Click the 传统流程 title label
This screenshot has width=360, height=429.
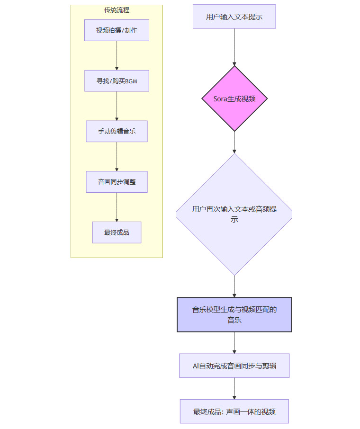pos(117,10)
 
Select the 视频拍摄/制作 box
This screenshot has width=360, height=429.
pos(117,30)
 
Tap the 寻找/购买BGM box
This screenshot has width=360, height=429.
pos(117,81)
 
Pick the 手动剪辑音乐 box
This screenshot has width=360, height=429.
pos(117,131)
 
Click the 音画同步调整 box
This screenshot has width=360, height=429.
pos(117,182)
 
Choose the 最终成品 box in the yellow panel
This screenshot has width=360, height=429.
pos(117,232)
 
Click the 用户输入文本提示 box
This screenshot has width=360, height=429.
pos(234,17)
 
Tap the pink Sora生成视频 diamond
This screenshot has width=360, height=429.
pos(234,99)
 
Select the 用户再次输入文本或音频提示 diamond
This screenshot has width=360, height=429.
pos(234,214)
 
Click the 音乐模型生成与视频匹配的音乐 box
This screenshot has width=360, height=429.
pos(234,315)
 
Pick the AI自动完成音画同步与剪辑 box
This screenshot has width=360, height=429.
pos(234,366)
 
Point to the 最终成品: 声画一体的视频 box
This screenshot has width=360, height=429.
pos(234,411)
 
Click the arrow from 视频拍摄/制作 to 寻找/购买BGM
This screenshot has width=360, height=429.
pos(117,56)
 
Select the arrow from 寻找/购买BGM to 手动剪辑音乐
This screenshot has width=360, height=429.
pos(117,106)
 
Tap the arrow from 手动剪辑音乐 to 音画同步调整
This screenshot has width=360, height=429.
pos(117,157)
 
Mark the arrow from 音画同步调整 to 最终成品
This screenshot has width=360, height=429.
pos(117,207)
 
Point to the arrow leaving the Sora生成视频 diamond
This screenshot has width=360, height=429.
pos(234,142)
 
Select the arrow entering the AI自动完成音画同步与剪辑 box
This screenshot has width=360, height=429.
pos(234,343)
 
